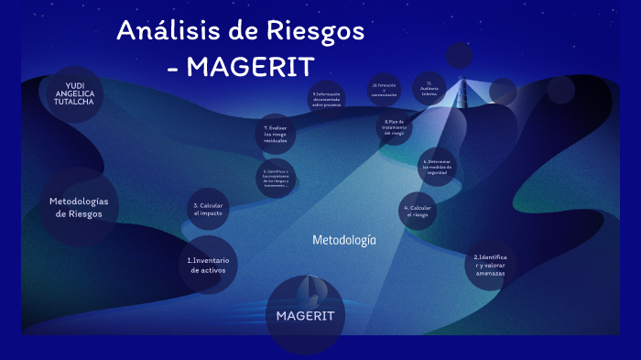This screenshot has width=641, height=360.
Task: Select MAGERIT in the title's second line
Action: [x=253, y=67]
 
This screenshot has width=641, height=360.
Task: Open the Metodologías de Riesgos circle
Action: [x=78, y=207]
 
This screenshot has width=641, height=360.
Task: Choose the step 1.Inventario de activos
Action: [x=208, y=265]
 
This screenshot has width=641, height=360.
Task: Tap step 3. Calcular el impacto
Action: [x=209, y=209]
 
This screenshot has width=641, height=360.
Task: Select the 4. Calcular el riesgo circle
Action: [x=416, y=212]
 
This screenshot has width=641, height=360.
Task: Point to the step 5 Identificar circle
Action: [x=276, y=180]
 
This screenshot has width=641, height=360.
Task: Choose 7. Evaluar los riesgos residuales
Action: [x=276, y=135]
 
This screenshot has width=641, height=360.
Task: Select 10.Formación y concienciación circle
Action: [x=385, y=89]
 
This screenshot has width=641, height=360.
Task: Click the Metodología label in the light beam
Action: [x=344, y=240]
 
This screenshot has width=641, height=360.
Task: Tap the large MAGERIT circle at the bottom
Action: [x=306, y=315]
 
